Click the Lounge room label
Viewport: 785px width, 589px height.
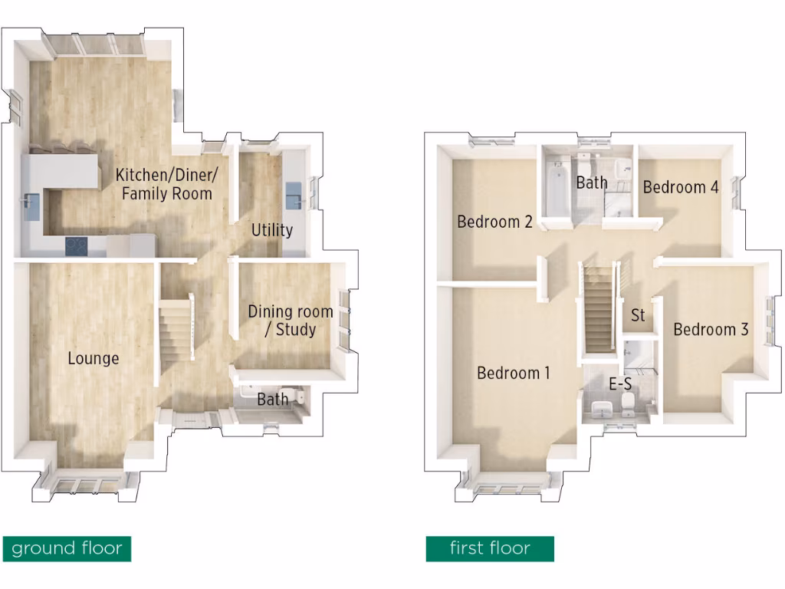tap(93, 358)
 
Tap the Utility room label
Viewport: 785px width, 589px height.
tap(272, 230)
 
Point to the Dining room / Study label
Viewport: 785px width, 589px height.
tap(290, 321)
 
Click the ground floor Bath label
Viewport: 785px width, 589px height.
tap(272, 400)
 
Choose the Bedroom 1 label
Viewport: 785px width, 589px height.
tap(514, 373)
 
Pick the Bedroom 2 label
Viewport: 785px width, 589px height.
tap(494, 222)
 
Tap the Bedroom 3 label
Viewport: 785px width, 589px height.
tap(711, 330)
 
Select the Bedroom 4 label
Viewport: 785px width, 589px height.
tap(681, 187)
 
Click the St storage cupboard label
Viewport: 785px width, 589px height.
tap(638, 315)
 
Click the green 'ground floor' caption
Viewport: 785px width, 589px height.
tap(67, 548)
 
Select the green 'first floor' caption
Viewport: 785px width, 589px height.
tap(490, 548)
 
